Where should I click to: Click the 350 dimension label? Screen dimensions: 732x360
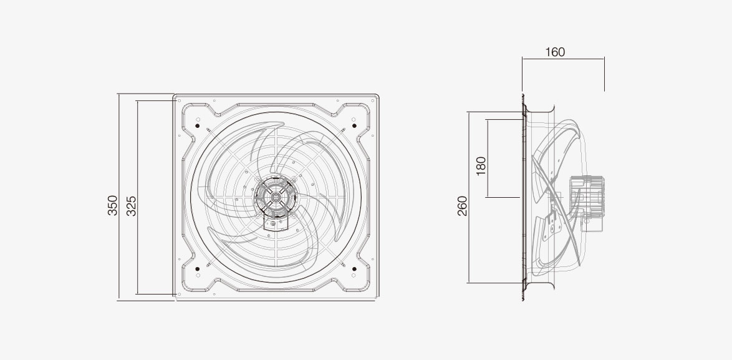tap(112, 205)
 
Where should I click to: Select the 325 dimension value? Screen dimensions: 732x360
tap(132, 206)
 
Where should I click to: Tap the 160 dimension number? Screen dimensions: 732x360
tap(555, 52)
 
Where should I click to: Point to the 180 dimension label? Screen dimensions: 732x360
tap(481, 166)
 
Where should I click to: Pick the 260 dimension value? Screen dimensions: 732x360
tap(462, 206)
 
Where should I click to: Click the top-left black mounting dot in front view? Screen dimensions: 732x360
tap(198, 125)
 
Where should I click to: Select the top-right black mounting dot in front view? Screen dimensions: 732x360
tap(354, 125)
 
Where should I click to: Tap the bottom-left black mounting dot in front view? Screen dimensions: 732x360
tap(198, 269)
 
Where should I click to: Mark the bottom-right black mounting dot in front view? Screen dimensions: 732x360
tap(354, 269)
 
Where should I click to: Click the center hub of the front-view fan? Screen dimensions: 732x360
tap(276, 197)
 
